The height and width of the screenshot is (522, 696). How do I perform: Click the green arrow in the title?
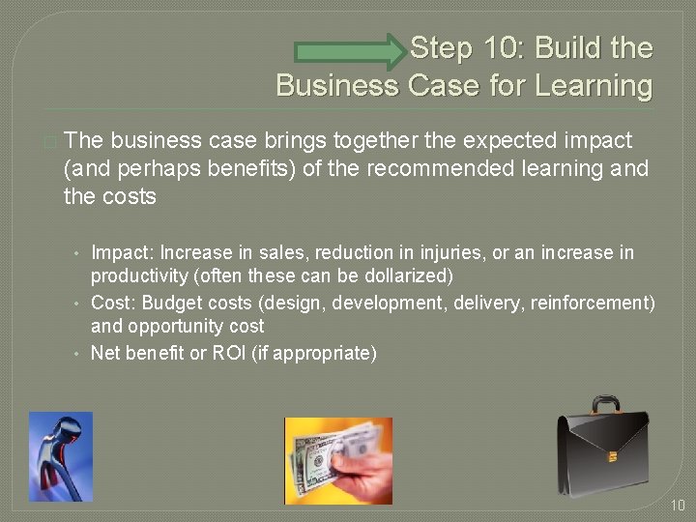pyautogui.click(x=352, y=51)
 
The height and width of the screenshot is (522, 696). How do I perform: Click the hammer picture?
pyautogui.click(x=60, y=456)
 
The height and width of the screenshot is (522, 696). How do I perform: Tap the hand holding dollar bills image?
pyautogui.click(x=338, y=460)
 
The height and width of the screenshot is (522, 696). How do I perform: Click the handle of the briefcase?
pyautogui.click(x=606, y=406)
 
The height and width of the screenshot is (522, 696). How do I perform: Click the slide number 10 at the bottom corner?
pyautogui.click(x=677, y=505)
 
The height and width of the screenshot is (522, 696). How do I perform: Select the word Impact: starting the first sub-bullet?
pyautogui.click(x=123, y=252)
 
